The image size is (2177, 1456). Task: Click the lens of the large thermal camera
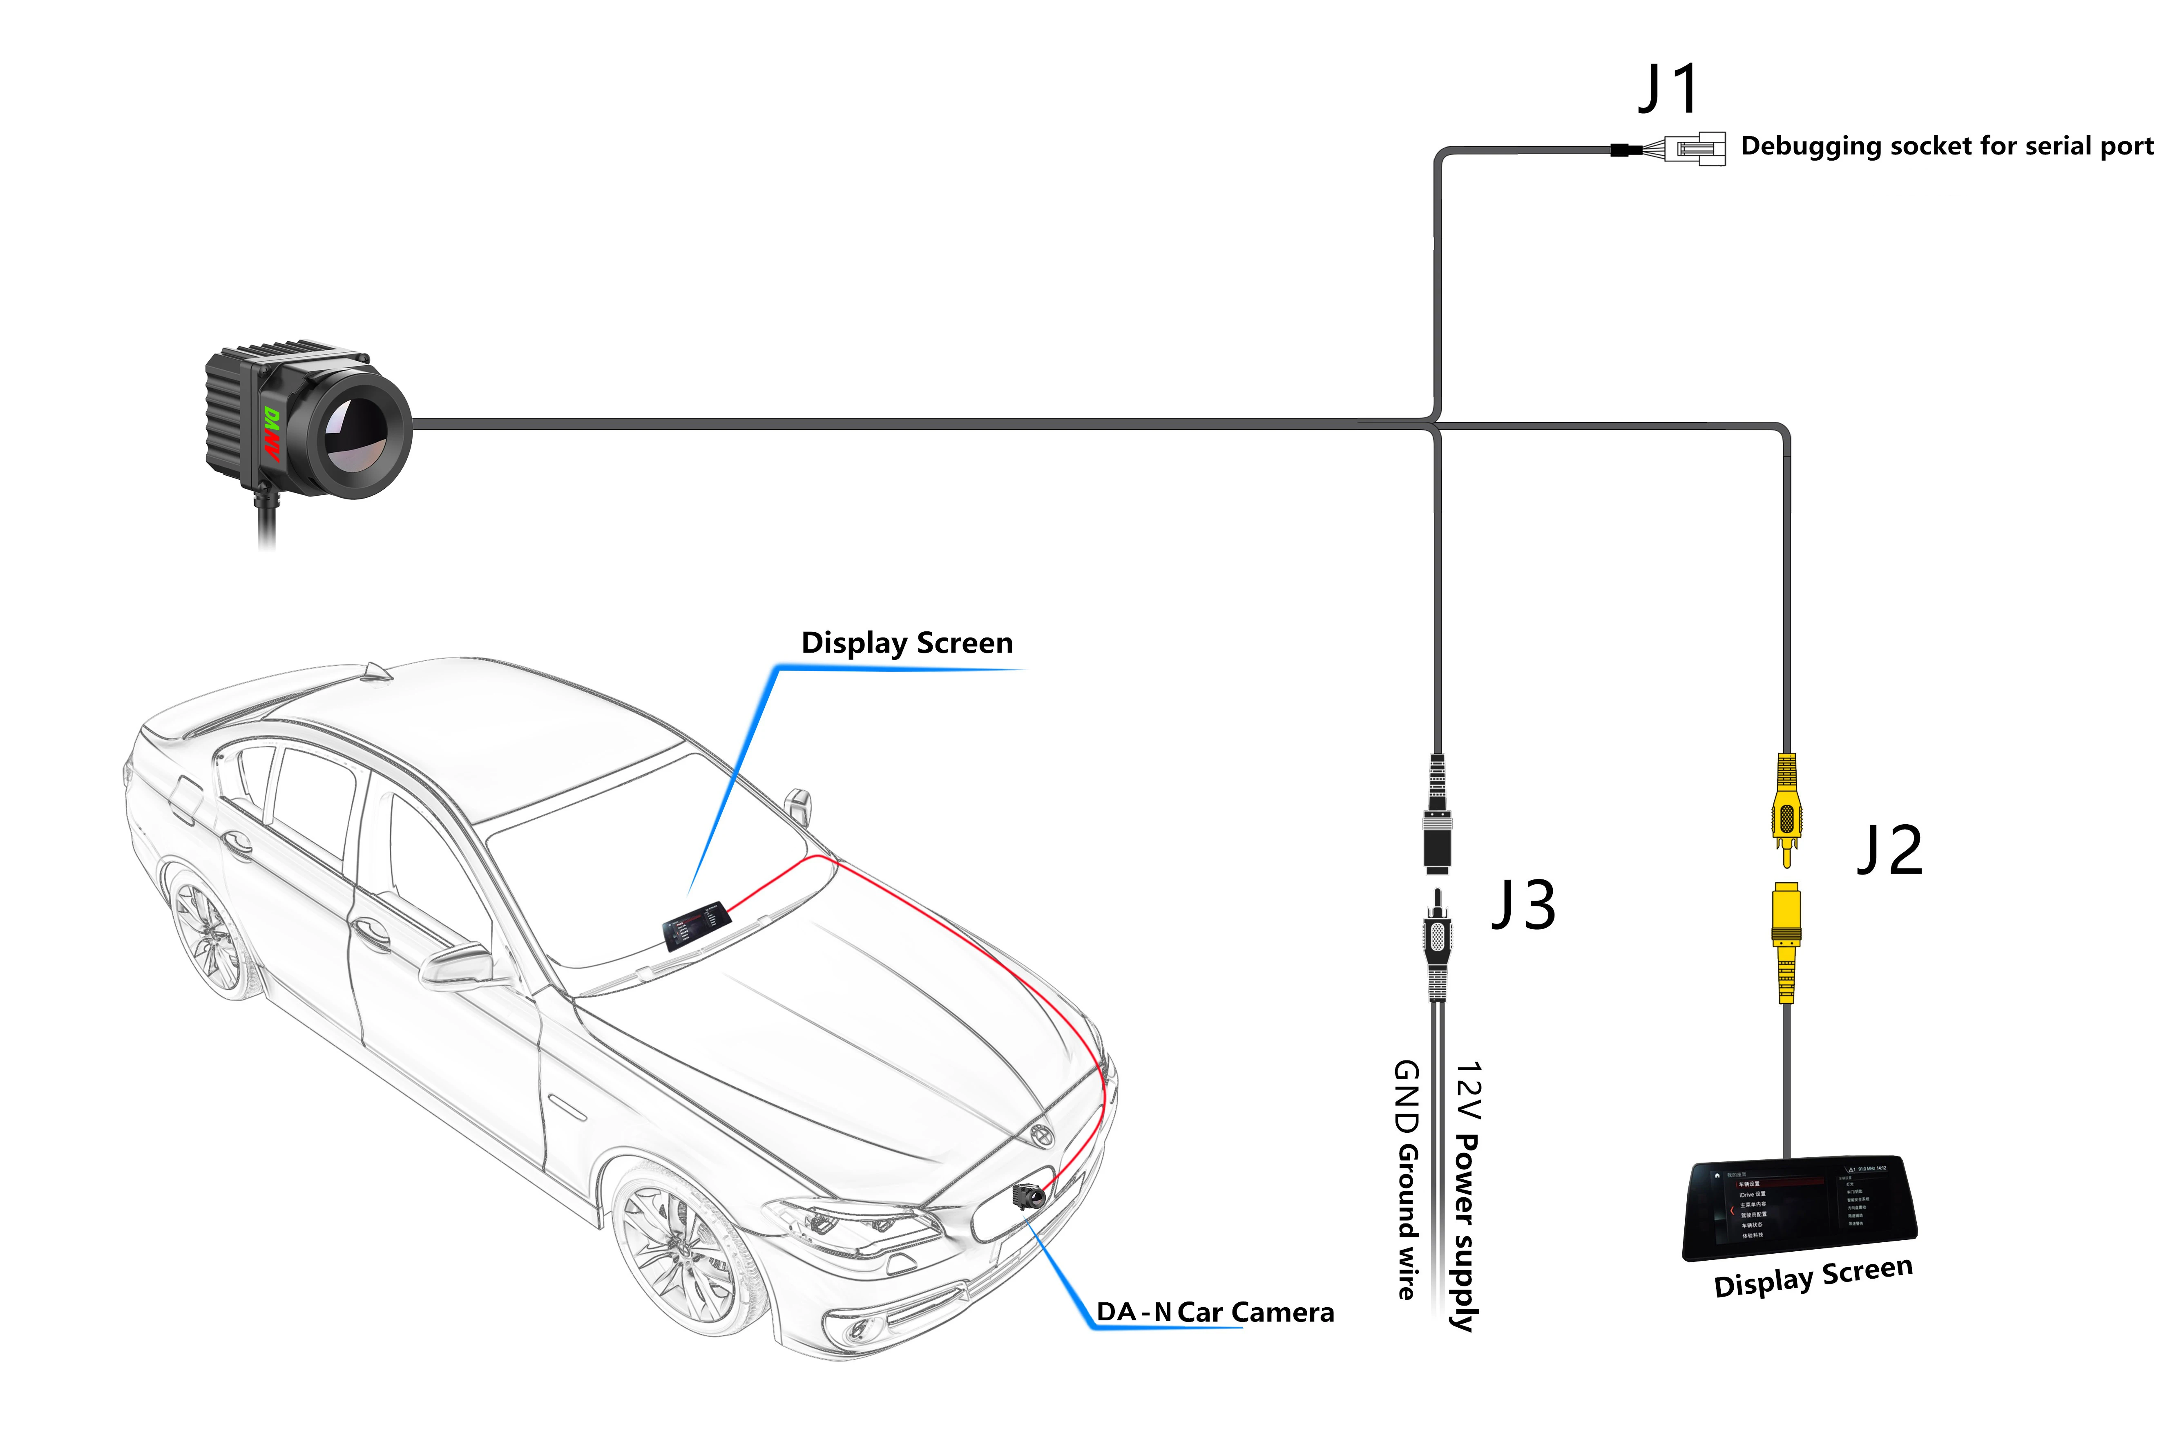(357, 434)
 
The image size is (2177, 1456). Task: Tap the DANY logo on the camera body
(271, 434)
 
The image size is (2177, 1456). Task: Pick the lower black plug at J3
(1437, 942)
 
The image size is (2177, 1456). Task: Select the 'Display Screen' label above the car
(906, 642)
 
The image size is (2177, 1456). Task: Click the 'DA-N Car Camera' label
(1214, 1312)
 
